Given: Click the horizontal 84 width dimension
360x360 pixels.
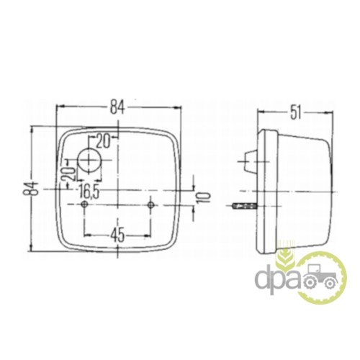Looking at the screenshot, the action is [117, 107].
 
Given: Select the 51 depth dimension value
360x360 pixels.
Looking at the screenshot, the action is [295, 114].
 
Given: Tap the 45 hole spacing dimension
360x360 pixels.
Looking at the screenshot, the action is [117, 235].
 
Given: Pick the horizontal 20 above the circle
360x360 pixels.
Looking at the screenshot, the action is [103, 141].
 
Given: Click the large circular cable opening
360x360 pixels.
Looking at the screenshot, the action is [90, 160].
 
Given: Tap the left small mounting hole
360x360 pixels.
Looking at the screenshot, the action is [84, 204].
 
